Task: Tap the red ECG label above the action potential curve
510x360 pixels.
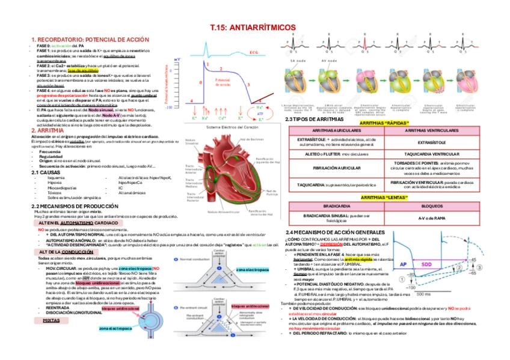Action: [x=254, y=52]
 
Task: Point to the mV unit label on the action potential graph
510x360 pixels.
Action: [x=177, y=59]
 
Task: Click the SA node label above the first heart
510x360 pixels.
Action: [x=298, y=61]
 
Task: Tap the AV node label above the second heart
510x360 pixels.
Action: [x=329, y=61]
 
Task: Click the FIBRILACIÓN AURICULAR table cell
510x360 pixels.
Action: [x=337, y=168]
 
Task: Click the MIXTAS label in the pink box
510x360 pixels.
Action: [x=51, y=320]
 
